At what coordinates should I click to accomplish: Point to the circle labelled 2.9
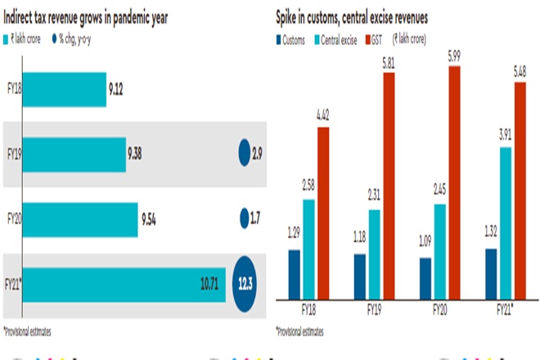point(244,152)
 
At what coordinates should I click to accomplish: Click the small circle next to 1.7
point(243,218)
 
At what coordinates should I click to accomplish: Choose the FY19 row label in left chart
point(13,153)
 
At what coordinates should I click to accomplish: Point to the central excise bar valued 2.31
point(375,254)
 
